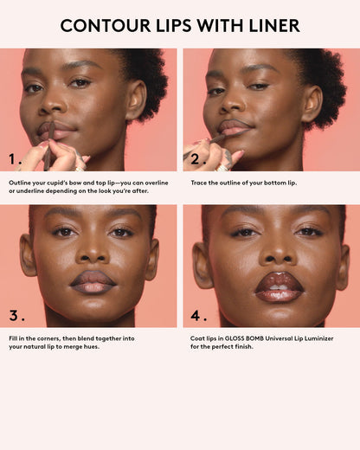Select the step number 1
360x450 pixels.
pyautogui.click(x=15, y=159)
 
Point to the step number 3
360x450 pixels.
pyautogui.click(x=15, y=315)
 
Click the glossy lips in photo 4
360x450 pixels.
pyautogui.click(x=279, y=286)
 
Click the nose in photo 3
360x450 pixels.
pyautogui.click(x=93, y=251)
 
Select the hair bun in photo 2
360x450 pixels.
pyautogui.click(x=325, y=74)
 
